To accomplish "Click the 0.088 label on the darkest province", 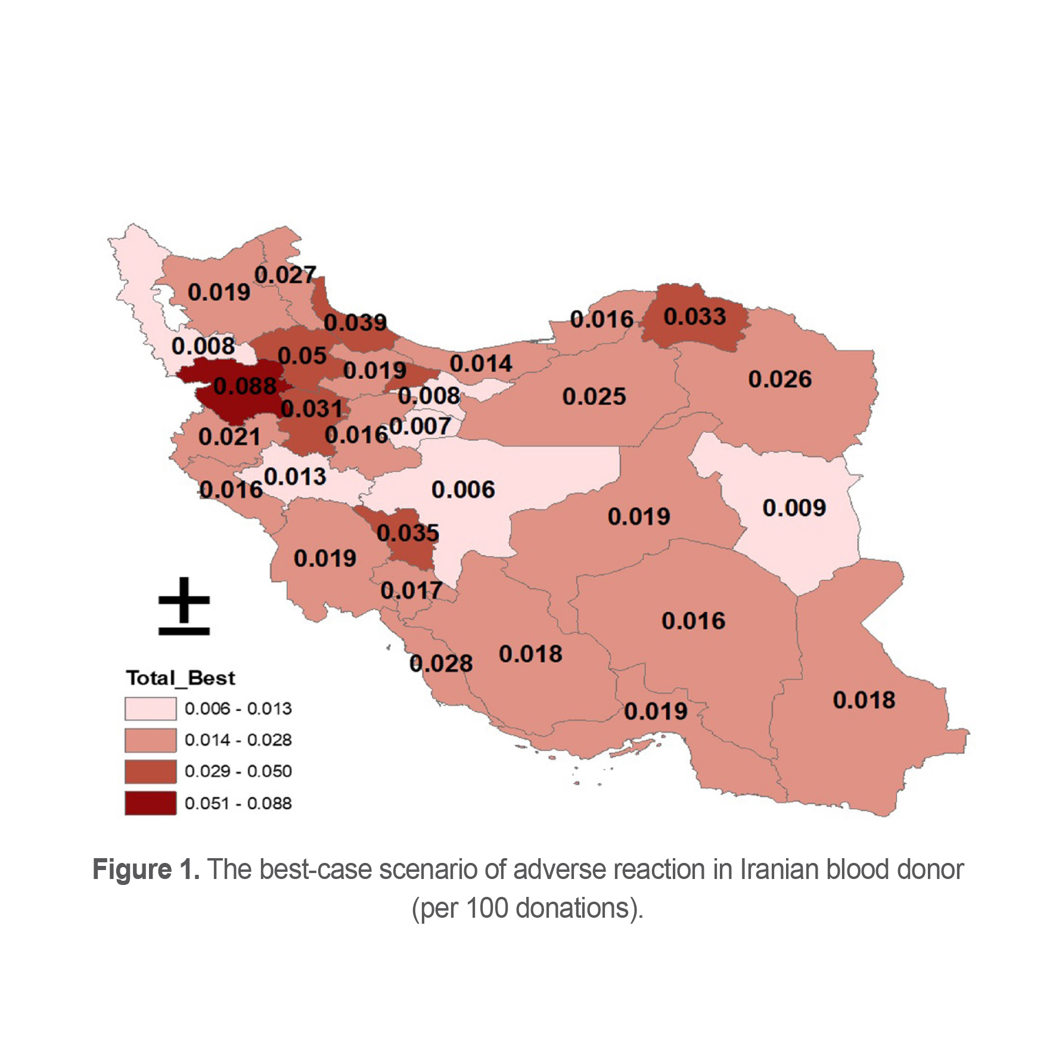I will [x=245, y=386].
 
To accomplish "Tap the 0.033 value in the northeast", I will [x=695, y=316].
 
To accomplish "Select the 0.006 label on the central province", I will [x=463, y=490].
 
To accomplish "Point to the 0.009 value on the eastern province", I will [x=794, y=508].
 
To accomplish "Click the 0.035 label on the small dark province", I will [x=408, y=533].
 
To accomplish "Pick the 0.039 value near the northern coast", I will [x=355, y=322].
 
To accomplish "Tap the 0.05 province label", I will [x=302, y=356].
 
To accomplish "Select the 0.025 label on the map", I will [x=594, y=396].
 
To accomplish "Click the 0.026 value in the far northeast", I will [x=780, y=379].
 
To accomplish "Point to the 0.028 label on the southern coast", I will [x=441, y=663].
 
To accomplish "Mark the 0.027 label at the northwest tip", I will [x=285, y=275].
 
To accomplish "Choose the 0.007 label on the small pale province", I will [x=420, y=426].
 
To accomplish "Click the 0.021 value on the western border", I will [x=229, y=437].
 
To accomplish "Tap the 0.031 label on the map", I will [x=312, y=409].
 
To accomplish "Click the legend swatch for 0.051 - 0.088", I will [x=150, y=803].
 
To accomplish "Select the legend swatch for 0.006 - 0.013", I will [x=150, y=709].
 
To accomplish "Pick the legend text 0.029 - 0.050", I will [x=238, y=771].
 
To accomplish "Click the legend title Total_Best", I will [x=181, y=678].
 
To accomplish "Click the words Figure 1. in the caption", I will [x=146, y=869].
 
